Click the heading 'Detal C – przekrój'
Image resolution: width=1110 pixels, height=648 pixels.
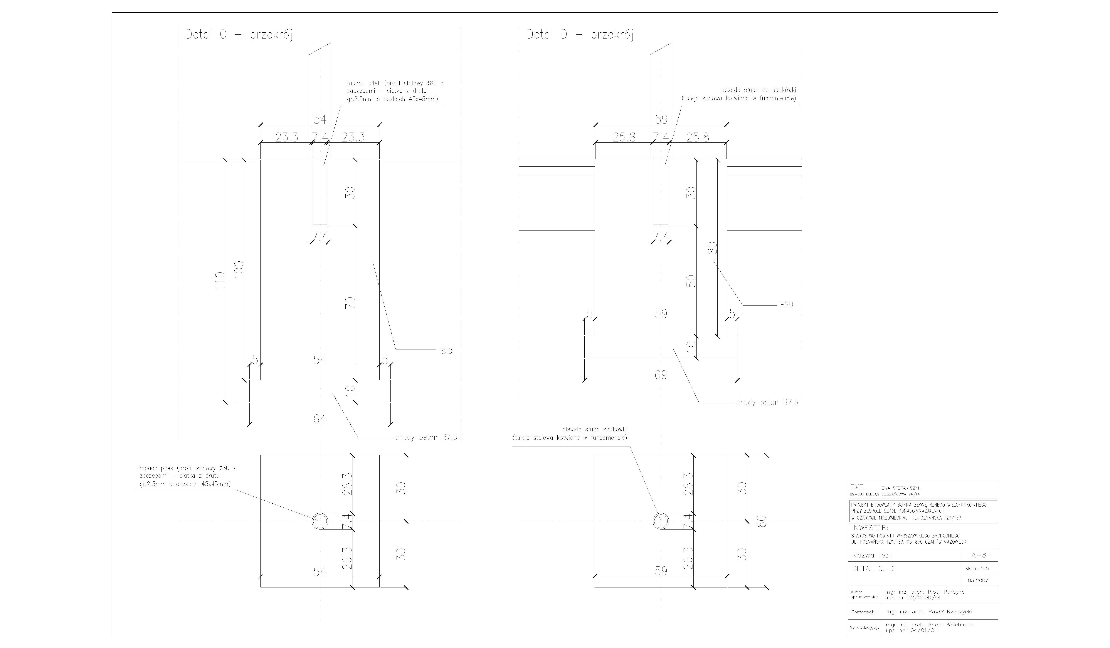pyautogui.click(x=239, y=35)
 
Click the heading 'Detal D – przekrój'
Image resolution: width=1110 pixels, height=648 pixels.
pyautogui.click(x=580, y=35)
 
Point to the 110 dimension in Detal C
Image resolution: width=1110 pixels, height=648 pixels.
pyautogui.click(x=220, y=281)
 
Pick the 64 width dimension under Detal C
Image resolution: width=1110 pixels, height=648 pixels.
pyautogui.click(x=320, y=419)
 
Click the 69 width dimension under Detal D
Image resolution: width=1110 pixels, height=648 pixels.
pyautogui.click(x=661, y=375)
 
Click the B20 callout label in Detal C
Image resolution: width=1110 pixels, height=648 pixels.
pyautogui.click(x=445, y=351)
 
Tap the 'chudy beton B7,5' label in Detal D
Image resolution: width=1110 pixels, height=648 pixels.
pyautogui.click(x=767, y=403)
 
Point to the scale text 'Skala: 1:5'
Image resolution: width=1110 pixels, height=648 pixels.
pyautogui.click(x=977, y=569)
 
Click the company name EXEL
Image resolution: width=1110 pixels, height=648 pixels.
pyautogui.click(x=858, y=487)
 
